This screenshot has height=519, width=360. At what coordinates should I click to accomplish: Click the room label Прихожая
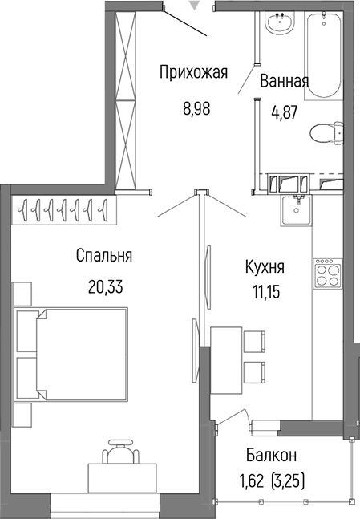click(193, 74)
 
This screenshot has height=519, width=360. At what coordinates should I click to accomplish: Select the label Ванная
click(284, 81)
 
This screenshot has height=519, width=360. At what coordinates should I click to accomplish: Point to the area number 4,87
click(284, 113)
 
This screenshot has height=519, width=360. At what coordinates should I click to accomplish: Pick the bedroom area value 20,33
click(104, 286)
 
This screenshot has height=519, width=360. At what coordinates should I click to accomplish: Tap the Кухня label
click(265, 266)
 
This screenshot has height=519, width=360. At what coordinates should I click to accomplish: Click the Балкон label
click(270, 456)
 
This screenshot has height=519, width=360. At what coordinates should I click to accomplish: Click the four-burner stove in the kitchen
click(328, 277)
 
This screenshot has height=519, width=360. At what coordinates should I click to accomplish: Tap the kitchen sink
click(298, 212)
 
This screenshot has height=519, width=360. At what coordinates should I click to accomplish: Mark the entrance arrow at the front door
click(192, 6)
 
